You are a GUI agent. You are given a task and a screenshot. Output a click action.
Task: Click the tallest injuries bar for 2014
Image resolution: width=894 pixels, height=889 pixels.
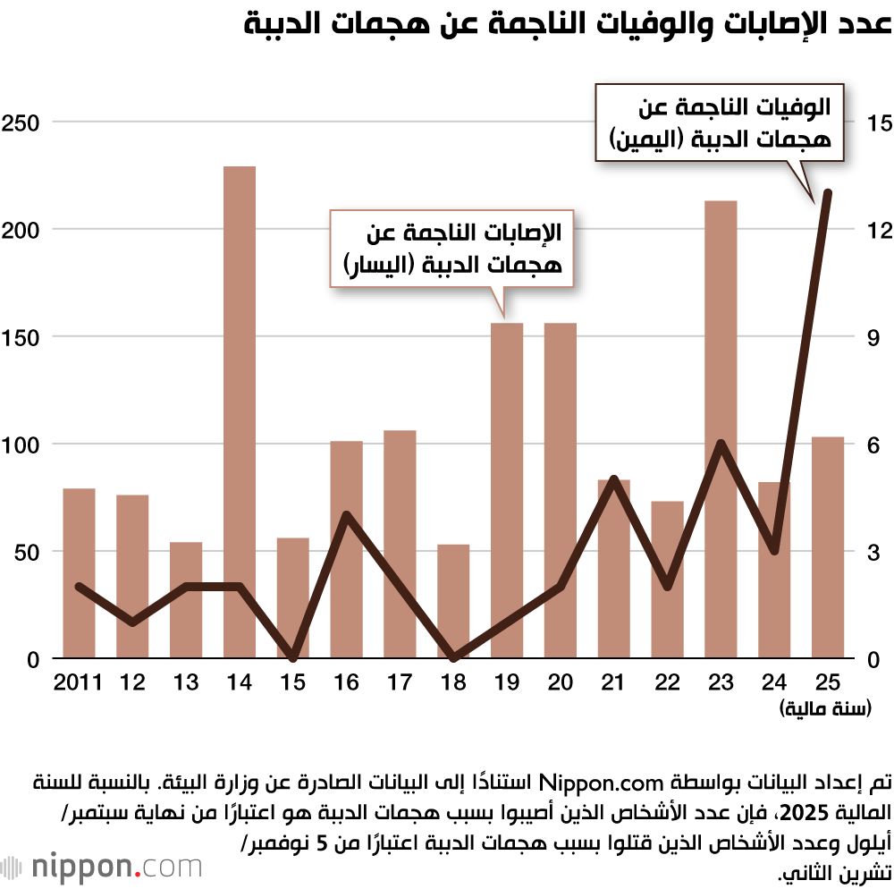point(240,411)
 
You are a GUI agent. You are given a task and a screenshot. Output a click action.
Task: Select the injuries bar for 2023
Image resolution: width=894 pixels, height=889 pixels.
point(721,429)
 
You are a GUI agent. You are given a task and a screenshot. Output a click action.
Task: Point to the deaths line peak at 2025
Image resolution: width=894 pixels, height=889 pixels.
point(828,193)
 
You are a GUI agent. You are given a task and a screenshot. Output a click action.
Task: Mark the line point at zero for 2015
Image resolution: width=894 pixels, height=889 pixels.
point(293,658)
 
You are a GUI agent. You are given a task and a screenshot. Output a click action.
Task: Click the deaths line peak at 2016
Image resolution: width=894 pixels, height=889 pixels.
point(347,515)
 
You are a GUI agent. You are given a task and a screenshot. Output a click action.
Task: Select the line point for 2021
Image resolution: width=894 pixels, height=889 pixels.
point(614,479)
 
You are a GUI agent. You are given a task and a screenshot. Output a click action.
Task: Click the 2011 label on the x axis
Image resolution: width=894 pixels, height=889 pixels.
point(77,683)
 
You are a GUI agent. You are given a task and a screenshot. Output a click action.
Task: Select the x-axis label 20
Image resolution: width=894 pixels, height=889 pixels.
point(561,683)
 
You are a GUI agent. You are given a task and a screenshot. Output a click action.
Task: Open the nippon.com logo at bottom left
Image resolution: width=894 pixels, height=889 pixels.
point(103,867)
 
